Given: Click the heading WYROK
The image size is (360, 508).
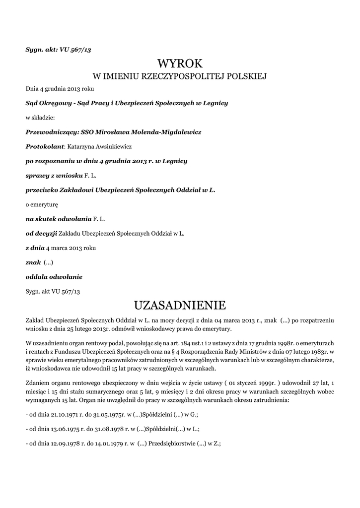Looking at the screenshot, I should click(180, 63).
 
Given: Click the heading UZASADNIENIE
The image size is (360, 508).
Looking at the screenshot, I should click(180, 304).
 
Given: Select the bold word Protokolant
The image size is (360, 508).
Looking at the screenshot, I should click(45, 146).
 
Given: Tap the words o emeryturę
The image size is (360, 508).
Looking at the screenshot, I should click(42, 204).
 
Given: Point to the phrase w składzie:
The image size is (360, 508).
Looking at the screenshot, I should click(40, 118).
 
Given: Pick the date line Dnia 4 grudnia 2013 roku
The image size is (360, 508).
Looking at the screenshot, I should click(60, 89).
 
